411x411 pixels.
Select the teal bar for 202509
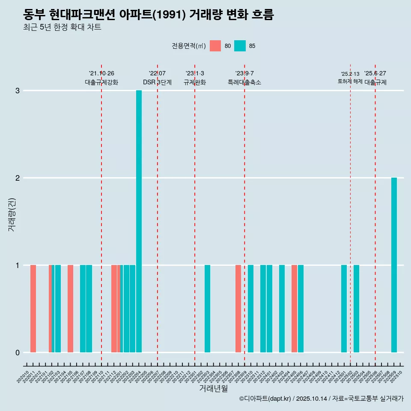point(394,265)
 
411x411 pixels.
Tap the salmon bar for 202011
point(33,309)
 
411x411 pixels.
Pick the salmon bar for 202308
point(238,309)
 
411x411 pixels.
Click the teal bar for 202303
point(207,309)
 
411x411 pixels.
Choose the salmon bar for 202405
point(294,309)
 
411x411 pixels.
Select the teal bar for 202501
point(344,309)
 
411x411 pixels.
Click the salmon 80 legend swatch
point(215,46)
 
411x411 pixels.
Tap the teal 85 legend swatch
point(240,46)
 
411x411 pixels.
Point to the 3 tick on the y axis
point(18,91)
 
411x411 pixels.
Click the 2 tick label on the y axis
point(18,178)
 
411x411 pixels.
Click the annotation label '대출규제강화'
point(101,82)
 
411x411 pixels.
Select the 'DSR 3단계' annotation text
point(157,82)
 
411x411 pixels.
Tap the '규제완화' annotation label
point(195,82)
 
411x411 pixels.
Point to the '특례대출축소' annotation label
point(244,82)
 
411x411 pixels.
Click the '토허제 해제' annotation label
point(350,81)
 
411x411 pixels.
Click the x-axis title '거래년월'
point(213,388)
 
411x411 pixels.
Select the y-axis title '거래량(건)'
point(12,214)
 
